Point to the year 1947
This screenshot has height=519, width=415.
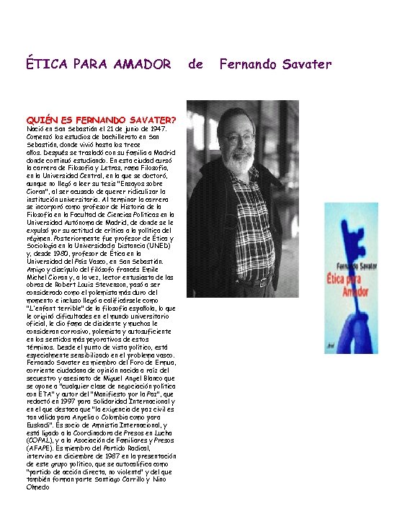(157, 128)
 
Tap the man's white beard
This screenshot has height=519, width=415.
(228, 160)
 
